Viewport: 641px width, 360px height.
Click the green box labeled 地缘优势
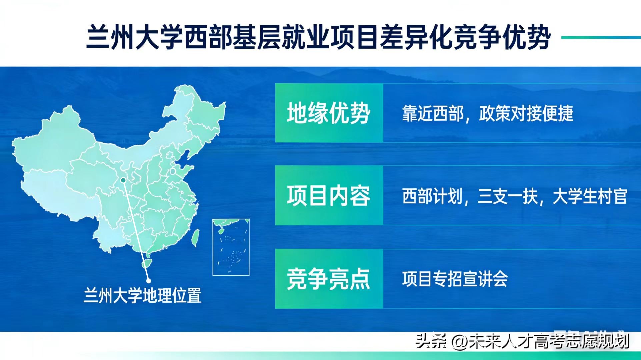(x=329, y=113)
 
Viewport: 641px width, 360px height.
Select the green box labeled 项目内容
(x=329, y=196)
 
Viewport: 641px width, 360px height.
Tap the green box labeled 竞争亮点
(x=329, y=279)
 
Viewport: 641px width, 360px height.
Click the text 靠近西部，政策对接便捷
(x=487, y=114)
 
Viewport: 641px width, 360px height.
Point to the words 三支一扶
(x=507, y=196)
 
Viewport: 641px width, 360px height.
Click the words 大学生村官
(x=590, y=196)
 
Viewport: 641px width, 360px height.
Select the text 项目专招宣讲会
(x=455, y=279)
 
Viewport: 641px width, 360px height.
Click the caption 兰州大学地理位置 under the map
(x=142, y=295)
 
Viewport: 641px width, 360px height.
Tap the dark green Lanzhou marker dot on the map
(x=123, y=180)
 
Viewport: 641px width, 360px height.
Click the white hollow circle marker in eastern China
(x=173, y=171)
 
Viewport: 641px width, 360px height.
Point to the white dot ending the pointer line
(x=149, y=281)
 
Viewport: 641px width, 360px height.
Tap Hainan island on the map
(x=146, y=264)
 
